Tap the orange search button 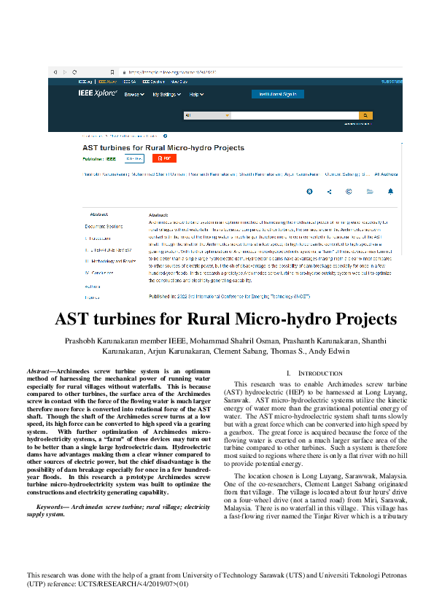click(x=365, y=115)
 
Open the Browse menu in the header click(x=133, y=95)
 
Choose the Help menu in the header click(x=195, y=95)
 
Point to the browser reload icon click(x=74, y=72)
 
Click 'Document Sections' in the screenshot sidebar click(x=104, y=226)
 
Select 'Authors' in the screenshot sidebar click(x=93, y=287)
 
